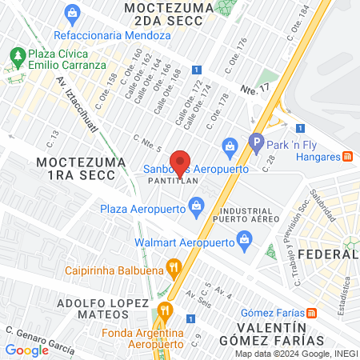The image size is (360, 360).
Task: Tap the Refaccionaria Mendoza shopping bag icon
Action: pyautogui.click(x=74, y=13)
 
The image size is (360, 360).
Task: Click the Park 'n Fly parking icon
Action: pyautogui.click(x=257, y=145)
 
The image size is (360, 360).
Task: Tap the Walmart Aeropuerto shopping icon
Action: pyautogui.click(x=245, y=238)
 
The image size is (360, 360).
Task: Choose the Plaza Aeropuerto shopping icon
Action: pyautogui.click(x=195, y=209)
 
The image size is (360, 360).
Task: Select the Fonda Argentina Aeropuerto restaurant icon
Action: pyautogui.click(x=166, y=310)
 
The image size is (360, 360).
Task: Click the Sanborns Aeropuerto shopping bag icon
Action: pyautogui.click(x=230, y=145)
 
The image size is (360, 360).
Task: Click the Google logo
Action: pyautogui.click(x=27, y=350)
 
